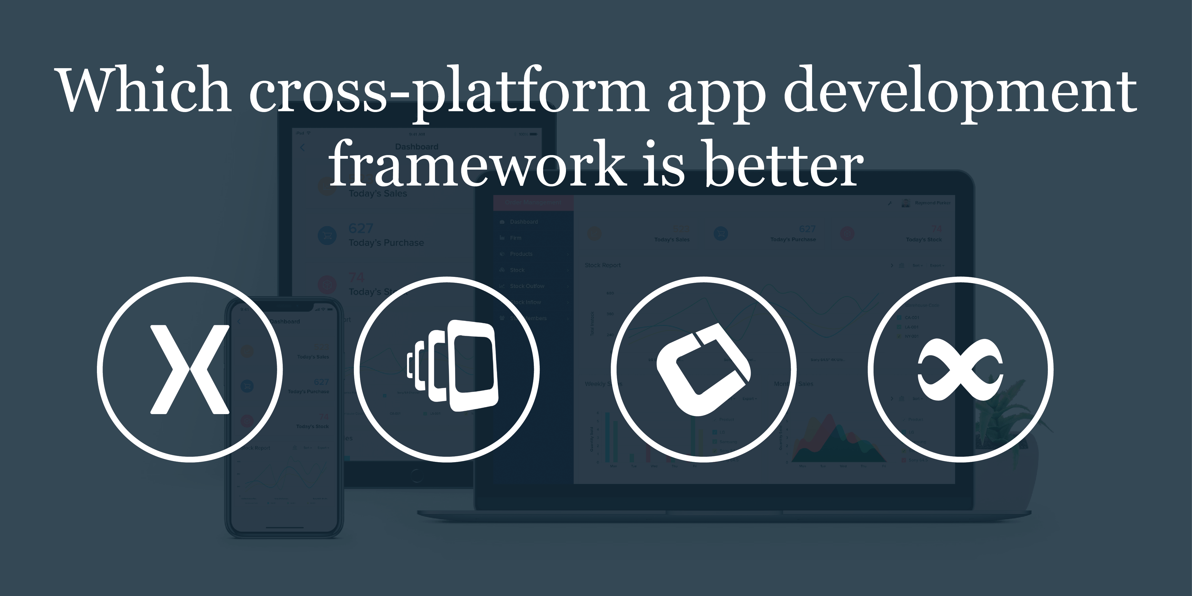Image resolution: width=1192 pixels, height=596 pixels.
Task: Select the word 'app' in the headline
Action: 715,95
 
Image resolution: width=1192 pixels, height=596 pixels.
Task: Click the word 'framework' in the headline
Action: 477,164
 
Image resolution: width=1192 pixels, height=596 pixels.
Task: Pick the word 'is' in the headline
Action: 664,164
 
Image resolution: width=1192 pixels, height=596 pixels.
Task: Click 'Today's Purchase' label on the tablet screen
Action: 386,243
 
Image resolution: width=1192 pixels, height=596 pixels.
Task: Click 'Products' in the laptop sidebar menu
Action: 521,254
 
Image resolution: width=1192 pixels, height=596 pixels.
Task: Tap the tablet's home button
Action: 416,475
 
